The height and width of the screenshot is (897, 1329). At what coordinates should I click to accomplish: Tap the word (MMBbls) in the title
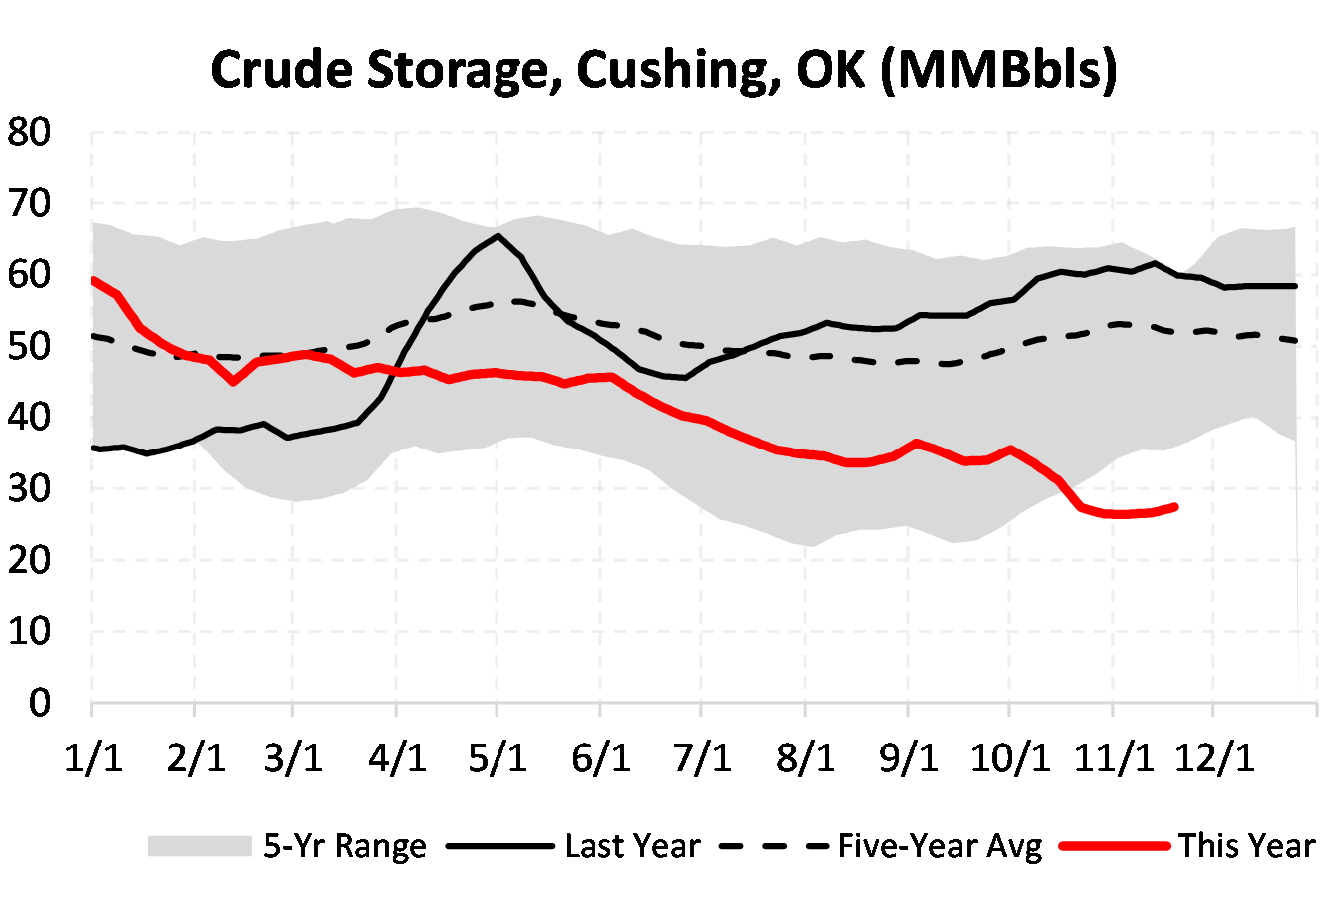(x=999, y=71)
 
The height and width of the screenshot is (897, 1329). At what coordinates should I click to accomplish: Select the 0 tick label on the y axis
(x=39, y=703)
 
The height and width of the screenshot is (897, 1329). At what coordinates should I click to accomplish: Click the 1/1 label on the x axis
(x=93, y=758)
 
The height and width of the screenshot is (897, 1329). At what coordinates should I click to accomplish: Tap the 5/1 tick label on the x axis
(x=498, y=758)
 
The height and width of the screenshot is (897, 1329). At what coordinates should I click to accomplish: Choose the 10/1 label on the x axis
(x=1009, y=758)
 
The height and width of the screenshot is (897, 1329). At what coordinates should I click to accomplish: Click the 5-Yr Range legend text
(x=345, y=846)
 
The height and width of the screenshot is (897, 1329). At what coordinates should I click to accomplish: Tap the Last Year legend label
(x=632, y=846)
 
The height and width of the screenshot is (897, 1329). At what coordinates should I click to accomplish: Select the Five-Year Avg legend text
(x=939, y=846)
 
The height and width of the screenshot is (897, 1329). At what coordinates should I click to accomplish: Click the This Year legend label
(x=1247, y=846)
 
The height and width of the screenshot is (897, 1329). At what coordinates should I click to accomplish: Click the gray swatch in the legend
(x=198, y=846)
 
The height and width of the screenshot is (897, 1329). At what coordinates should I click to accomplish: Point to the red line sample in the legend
(x=1115, y=846)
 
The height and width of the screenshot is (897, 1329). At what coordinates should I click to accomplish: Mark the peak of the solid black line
(x=498, y=236)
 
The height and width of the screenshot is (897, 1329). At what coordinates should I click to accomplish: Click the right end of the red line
(x=1175, y=507)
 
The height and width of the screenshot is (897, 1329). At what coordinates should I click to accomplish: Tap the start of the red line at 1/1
(x=93, y=280)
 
